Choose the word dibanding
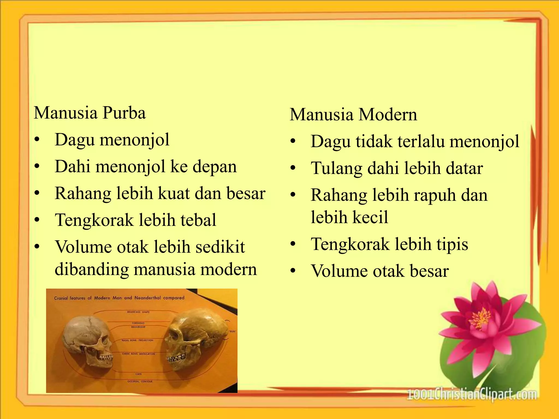pyautogui.click(x=91, y=270)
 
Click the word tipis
pyautogui.click(x=452, y=244)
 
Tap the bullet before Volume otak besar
pyautogui.click(x=293, y=271)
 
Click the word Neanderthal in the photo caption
pyautogui.click(x=147, y=298)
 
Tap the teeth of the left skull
pyautogui.click(x=105, y=357)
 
